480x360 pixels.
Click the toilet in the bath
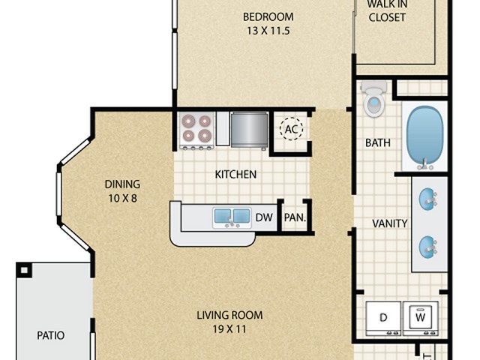pos(373,98)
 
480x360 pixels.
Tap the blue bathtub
pos(424,136)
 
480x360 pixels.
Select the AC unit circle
pos(291,129)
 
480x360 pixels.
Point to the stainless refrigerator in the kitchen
pos(250,130)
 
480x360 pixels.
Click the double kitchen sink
pos(232,217)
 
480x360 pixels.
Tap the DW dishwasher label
pos(264,217)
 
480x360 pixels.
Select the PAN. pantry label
pos(295,217)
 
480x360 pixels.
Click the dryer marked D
pos(383,318)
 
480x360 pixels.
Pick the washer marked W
pos(420,318)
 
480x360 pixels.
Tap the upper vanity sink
pos(428,199)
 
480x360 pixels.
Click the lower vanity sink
pos(428,247)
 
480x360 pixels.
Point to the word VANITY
pos(390,223)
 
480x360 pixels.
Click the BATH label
pos(378,142)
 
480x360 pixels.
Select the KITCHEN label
pos(235,175)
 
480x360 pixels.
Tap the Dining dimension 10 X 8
pos(123,198)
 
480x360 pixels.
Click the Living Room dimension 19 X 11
pos(229,329)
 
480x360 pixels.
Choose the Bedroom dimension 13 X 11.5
pos(268,31)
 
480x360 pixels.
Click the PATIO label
pos(51,335)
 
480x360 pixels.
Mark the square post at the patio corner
pos(24,270)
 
